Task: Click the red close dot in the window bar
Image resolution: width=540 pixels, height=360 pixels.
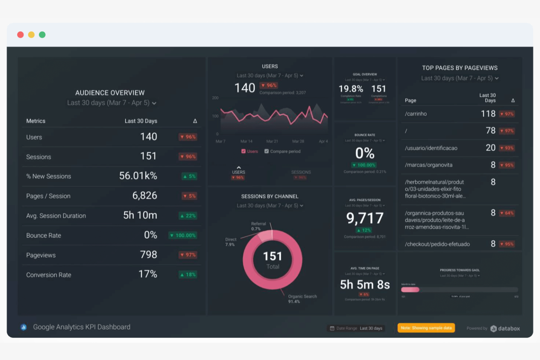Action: (20, 35)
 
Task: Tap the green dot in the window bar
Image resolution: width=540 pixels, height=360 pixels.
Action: (42, 35)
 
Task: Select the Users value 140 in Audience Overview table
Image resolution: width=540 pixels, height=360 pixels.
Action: (148, 137)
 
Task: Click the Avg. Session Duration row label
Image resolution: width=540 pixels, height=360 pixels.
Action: (56, 216)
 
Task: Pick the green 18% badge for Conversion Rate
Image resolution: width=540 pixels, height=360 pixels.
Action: (188, 275)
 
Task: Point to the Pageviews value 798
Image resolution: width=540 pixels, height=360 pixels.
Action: (148, 255)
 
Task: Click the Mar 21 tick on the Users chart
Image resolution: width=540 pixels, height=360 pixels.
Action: (272, 141)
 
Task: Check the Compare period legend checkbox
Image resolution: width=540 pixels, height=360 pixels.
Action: (267, 151)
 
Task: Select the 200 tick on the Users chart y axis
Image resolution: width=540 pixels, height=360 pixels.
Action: (215, 98)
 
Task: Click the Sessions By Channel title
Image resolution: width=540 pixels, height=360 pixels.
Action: (270, 196)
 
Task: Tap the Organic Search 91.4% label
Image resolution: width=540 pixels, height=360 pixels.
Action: (302, 299)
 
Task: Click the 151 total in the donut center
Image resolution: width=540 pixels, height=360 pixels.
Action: (272, 256)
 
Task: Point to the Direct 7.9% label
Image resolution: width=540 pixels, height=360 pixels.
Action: (231, 242)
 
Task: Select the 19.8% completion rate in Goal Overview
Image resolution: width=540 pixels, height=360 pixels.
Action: (351, 89)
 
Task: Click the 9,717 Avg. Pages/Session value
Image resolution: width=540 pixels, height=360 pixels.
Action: (364, 218)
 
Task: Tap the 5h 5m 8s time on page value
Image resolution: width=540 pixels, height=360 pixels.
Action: (364, 284)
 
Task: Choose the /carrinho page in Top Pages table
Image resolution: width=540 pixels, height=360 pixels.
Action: (416, 114)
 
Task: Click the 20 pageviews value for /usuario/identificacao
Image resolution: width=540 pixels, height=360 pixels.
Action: (490, 148)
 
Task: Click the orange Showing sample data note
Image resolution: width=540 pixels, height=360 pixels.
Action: (426, 328)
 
